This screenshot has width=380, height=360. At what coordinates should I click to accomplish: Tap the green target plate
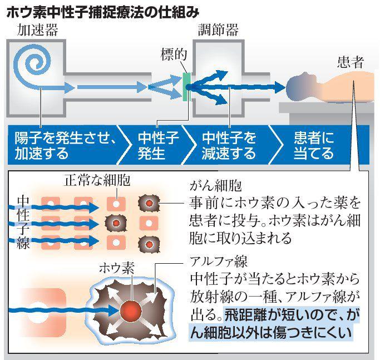[x=186, y=86]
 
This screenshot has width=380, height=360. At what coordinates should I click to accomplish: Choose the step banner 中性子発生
[x=159, y=144]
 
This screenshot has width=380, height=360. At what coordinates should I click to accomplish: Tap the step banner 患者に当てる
[x=314, y=144]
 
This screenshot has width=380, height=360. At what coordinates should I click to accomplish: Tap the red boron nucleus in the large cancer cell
[x=132, y=309]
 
